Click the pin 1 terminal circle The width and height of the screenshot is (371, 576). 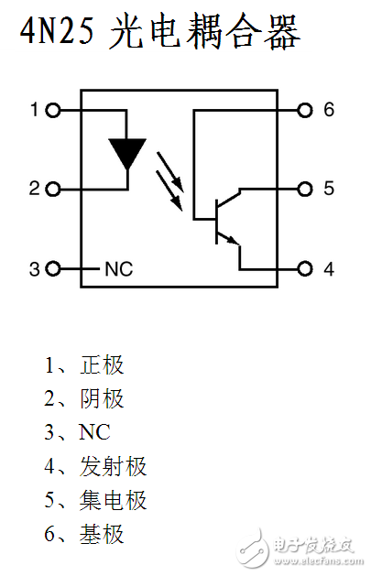point(52,111)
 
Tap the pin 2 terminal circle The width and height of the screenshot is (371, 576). point(52,190)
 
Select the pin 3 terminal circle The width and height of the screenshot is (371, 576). point(52,269)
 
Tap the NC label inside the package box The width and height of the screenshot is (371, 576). point(118,269)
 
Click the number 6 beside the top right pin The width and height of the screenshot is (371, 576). point(329,111)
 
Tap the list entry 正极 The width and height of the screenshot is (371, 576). point(102,365)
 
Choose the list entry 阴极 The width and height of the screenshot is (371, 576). point(102,399)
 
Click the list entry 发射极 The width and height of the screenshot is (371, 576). point(113,467)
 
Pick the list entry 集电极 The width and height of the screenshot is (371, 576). point(113,501)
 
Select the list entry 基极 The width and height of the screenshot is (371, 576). point(102,535)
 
